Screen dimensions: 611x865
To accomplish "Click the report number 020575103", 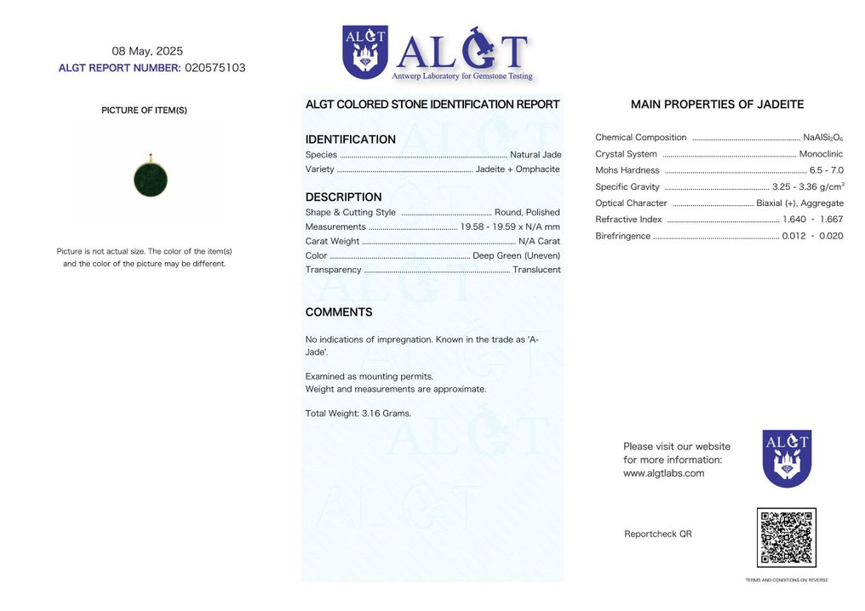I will coord(215,68).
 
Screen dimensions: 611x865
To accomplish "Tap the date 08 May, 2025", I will coord(147,51).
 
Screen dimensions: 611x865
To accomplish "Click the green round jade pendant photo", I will coord(151,180).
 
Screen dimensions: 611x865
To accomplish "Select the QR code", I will coord(786,538).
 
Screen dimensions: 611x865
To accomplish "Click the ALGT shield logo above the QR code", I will coord(787,459).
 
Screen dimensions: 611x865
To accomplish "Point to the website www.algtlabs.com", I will coord(663,473).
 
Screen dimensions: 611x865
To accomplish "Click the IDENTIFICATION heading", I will coord(350,140).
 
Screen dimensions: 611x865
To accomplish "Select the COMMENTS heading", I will coord(339,312).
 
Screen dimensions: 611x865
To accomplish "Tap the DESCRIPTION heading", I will coord(343,197).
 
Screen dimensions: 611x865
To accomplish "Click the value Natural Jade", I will coord(535,155).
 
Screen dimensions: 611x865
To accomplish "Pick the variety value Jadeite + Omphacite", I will coord(518,168).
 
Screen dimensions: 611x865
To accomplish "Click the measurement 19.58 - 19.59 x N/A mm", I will coord(510,227).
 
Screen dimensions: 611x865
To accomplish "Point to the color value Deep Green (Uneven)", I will coord(516,255).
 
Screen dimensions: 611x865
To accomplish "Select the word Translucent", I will coord(536,270).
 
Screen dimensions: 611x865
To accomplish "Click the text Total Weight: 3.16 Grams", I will coord(358,414).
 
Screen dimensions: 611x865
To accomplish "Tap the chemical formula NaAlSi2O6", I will coord(822,138).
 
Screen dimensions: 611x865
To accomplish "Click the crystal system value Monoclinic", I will coord(821,154).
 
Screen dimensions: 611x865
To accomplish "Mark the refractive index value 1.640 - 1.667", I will coord(812,220).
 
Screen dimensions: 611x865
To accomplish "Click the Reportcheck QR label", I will coord(657,534).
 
